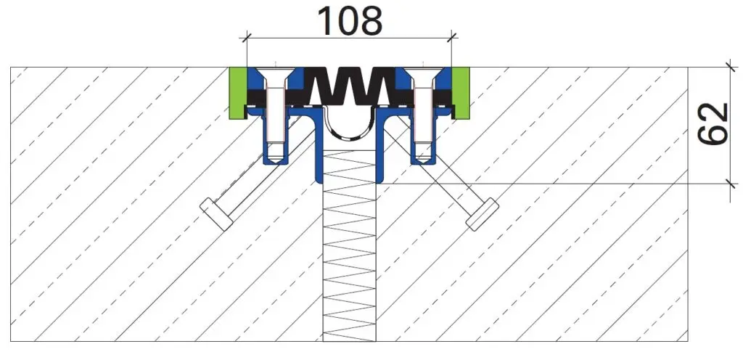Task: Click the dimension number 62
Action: point(713,124)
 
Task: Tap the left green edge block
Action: point(237,93)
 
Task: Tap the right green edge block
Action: point(461,93)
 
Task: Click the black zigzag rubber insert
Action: point(349,86)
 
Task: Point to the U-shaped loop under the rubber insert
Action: point(349,133)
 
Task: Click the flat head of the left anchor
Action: point(215,214)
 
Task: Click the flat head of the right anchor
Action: point(483,214)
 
